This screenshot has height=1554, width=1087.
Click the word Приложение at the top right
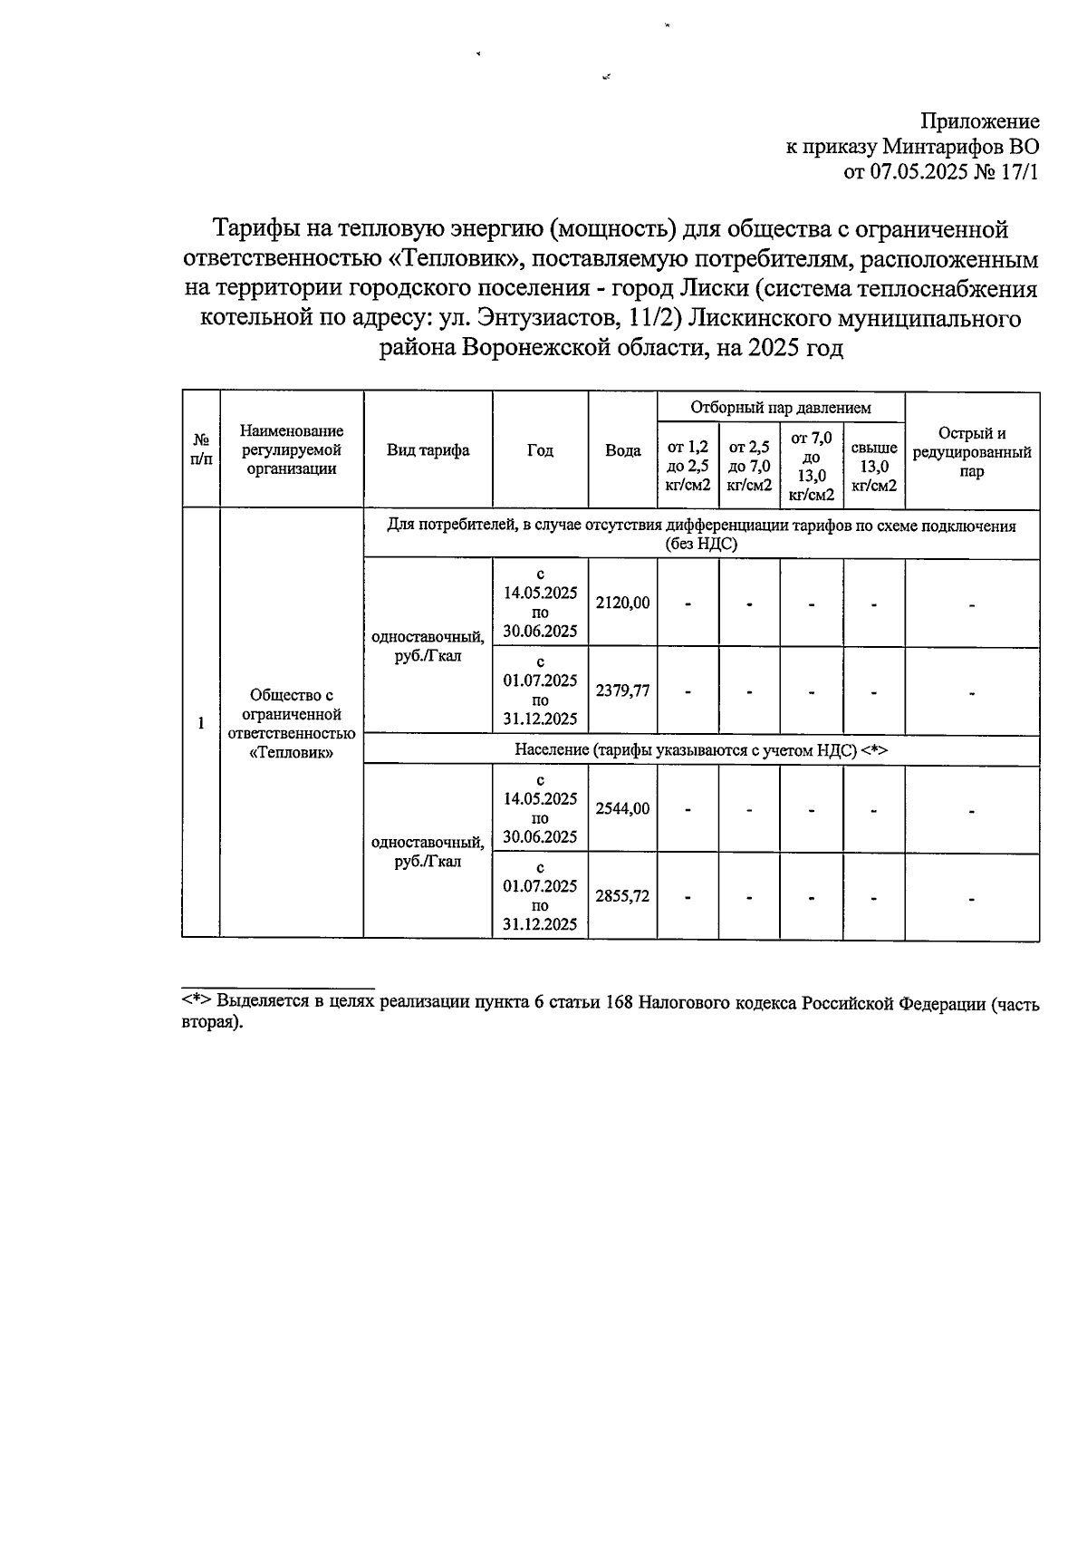(x=979, y=121)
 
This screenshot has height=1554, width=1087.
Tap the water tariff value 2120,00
(x=622, y=603)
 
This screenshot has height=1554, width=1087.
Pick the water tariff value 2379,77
(x=622, y=690)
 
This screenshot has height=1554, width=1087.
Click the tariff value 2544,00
(x=622, y=808)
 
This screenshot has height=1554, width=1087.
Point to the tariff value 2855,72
(x=622, y=896)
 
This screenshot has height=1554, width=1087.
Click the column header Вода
(x=622, y=450)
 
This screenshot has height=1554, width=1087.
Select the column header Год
(x=540, y=450)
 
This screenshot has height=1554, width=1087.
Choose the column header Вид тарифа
(x=428, y=450)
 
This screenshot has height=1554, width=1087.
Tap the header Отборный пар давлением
(x=780, y=408)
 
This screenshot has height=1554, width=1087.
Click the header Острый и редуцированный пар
(x=972, y=451)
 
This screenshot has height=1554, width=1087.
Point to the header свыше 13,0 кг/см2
(x=874, y=466)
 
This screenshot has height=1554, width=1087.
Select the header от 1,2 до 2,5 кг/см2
(x=688, y=466)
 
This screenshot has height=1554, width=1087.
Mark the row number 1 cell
(x=201, y=723)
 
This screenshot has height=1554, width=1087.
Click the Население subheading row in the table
(x=701, y=750)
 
